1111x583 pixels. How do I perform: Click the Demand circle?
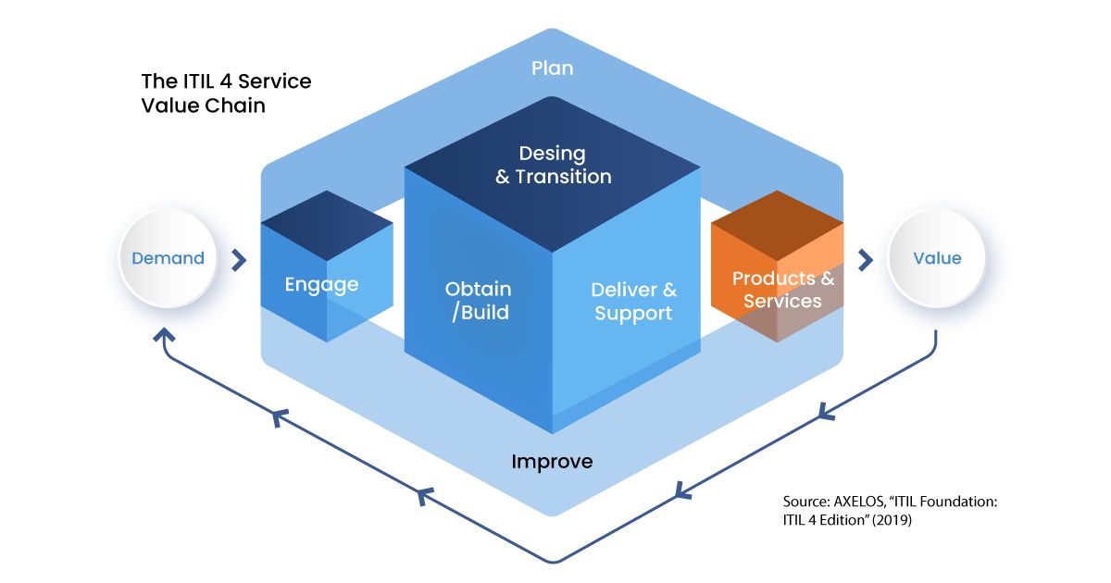pos(169,258)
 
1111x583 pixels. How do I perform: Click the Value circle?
pos(936,258)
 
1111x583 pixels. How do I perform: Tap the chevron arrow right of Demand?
pos(239,260)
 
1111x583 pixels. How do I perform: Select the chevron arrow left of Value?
pos(866,260)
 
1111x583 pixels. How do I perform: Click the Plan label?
pos(552,68)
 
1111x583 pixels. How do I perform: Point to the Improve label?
pos(552,462)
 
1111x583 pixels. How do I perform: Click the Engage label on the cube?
pos(321,285)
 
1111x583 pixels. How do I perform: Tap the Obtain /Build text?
pos(478,301)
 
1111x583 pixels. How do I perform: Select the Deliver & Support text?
pos(633,302)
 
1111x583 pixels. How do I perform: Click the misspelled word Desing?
pos(552,155)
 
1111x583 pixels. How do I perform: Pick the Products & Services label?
pos(783,290)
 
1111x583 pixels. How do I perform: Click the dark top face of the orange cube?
pos(777,226)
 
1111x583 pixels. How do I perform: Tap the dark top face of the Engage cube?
pos(327,226)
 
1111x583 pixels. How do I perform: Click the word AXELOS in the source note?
pos(859,502)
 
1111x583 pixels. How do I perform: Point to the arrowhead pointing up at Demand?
pos(164,335)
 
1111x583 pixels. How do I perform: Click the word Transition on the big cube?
pos(564,177)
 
